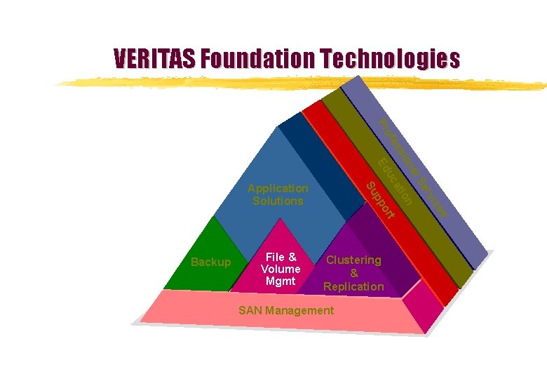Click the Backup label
(x=210, y=262)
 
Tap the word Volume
(x=281, y=269)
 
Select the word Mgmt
(x=281, y=281)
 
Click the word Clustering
(x=354, y=260)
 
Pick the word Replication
(x=353, y=286)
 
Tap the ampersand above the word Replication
(x=354, y=273)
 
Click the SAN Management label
(x=286, y=310)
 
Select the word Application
(x=278, y=188)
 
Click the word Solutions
(x=278, y=201)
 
